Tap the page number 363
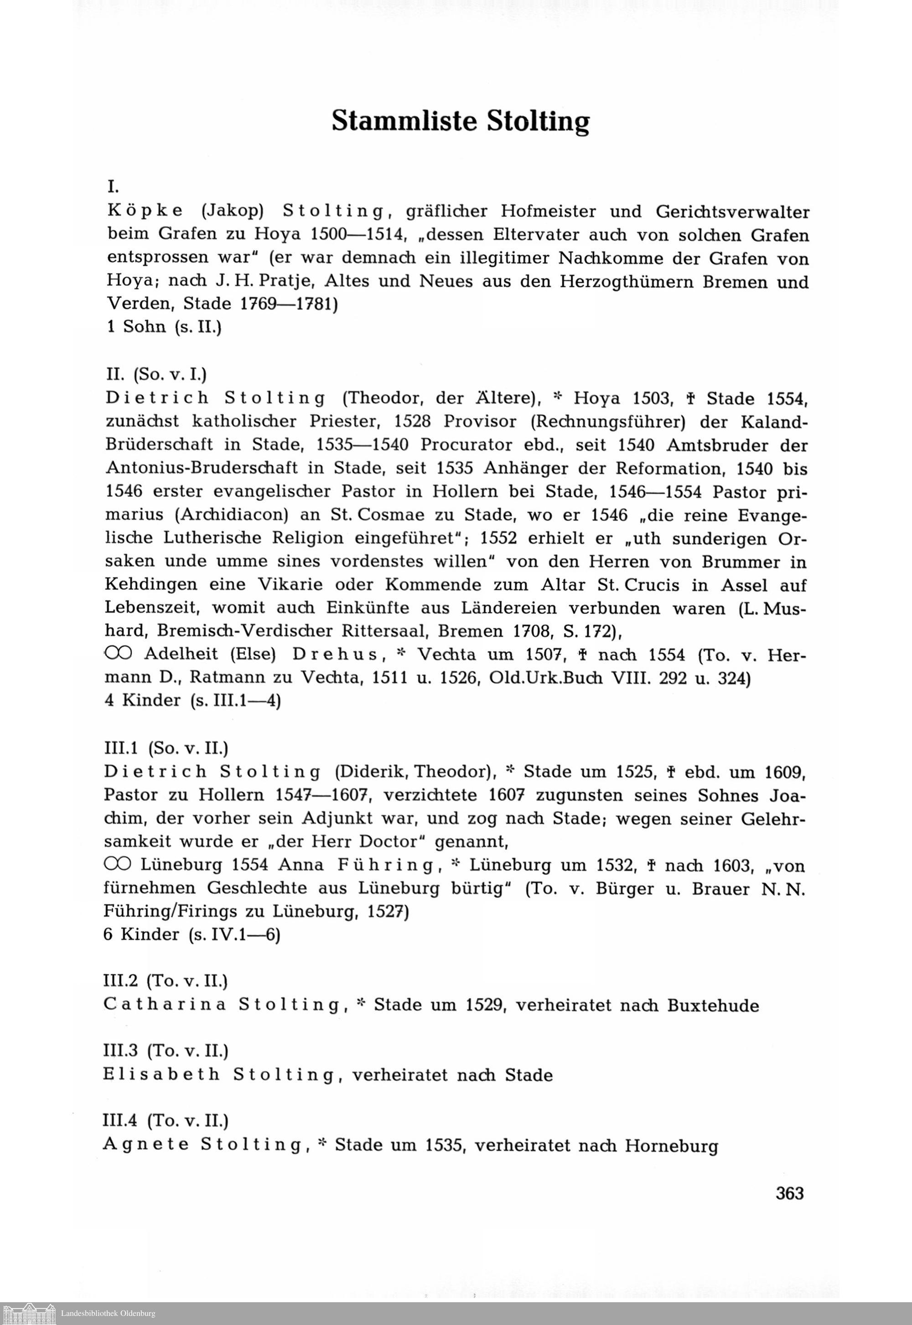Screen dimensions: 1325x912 tap(790, 1194)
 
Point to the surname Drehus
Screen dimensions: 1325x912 tap(336, 654)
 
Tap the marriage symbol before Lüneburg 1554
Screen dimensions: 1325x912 tap(118, 865)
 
